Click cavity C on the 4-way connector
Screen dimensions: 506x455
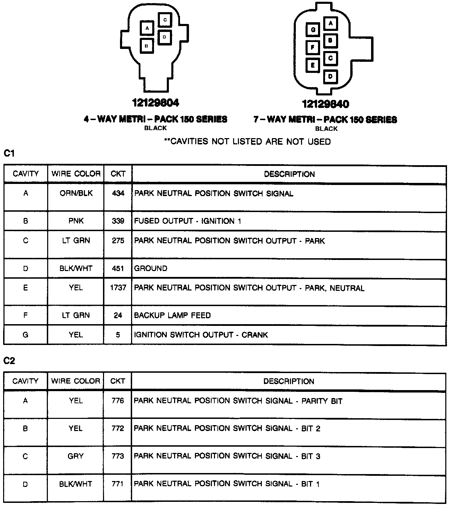pyautogui.click(x=165, y=20)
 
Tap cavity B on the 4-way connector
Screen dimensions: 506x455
pyautogui.click(x=147, y=45)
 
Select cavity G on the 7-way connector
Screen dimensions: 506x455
pyautogui.click(x=313, y=30)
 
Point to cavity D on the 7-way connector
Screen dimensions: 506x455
pyautogui.click(x=330, y=76)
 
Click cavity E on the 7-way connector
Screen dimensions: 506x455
pyautogui.click(x=313, y=65)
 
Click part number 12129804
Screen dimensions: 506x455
pyautogui.click(x=156, y=103)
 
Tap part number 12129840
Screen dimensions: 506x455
pyautogui.click(x=325, y=104)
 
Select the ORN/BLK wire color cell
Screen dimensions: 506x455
pyautogui.click(x=76, y=193)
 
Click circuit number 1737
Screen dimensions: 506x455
pyautogui.click(x=118, y=288)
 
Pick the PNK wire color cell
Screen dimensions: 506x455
pyautogui.click(x=76, y=221)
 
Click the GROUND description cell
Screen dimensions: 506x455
pyautogui.click(x=151, y=268)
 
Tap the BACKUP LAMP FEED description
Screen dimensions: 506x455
pyautogui.click(x=172, y=315)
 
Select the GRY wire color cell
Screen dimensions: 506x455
pyautogui.click(x=76, y=456)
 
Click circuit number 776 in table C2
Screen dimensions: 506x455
pyautogui.click(x=118, y=401)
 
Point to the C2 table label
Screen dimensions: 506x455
pyautogui.click(x=9, y=361)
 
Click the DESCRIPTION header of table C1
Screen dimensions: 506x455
pyautogui.click(x=289, y=174)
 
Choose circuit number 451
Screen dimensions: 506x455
pyautogui.click(x=118, y=268)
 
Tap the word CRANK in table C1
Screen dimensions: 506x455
pyautogui.click(x=255, y=335)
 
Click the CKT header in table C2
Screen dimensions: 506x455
pyautogui.click(x=118, y=381)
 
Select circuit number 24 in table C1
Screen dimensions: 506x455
pyautogui.click(x=118, y=315)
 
